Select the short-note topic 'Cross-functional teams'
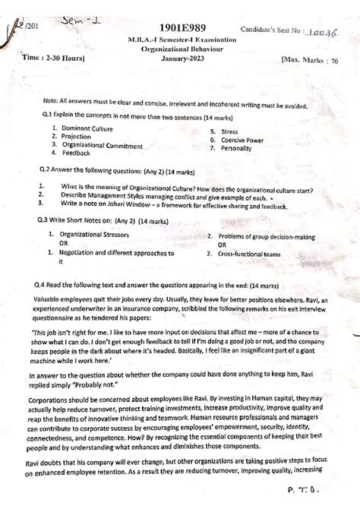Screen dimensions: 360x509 [x=255, y=252]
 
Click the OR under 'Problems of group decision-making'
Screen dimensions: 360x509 [x=223, y=244]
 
